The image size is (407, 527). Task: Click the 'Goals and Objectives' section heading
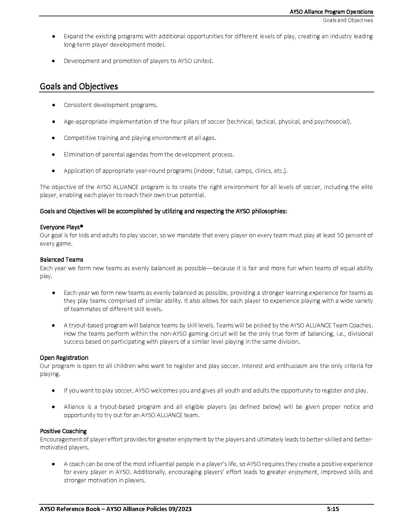click(x=79, y=87)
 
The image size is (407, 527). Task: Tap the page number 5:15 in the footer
click(x=333, y=509)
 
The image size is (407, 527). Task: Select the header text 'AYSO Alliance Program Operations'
click(x=331, y=12)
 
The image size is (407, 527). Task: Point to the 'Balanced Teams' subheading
click(x=62, y=260)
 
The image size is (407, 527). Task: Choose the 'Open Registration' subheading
click(x=64, y=358)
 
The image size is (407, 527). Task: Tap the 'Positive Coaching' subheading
click(x=63, y=431)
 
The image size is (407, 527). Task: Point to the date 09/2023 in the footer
click(x=180, y=509)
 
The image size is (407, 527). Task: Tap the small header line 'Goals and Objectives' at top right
click(x=348, y=20)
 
